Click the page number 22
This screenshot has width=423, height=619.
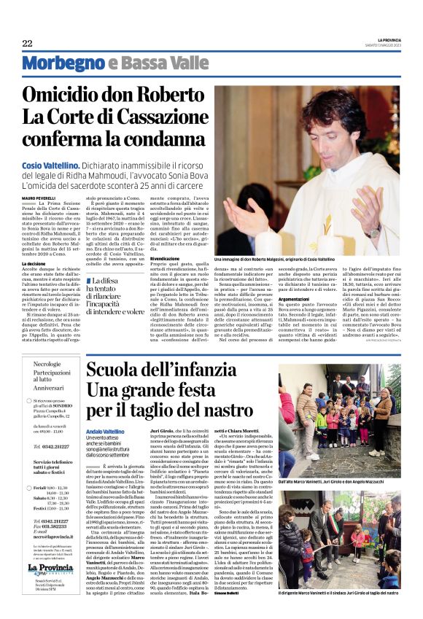[27, 43]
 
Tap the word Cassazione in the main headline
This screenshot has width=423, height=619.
[156, 118]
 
